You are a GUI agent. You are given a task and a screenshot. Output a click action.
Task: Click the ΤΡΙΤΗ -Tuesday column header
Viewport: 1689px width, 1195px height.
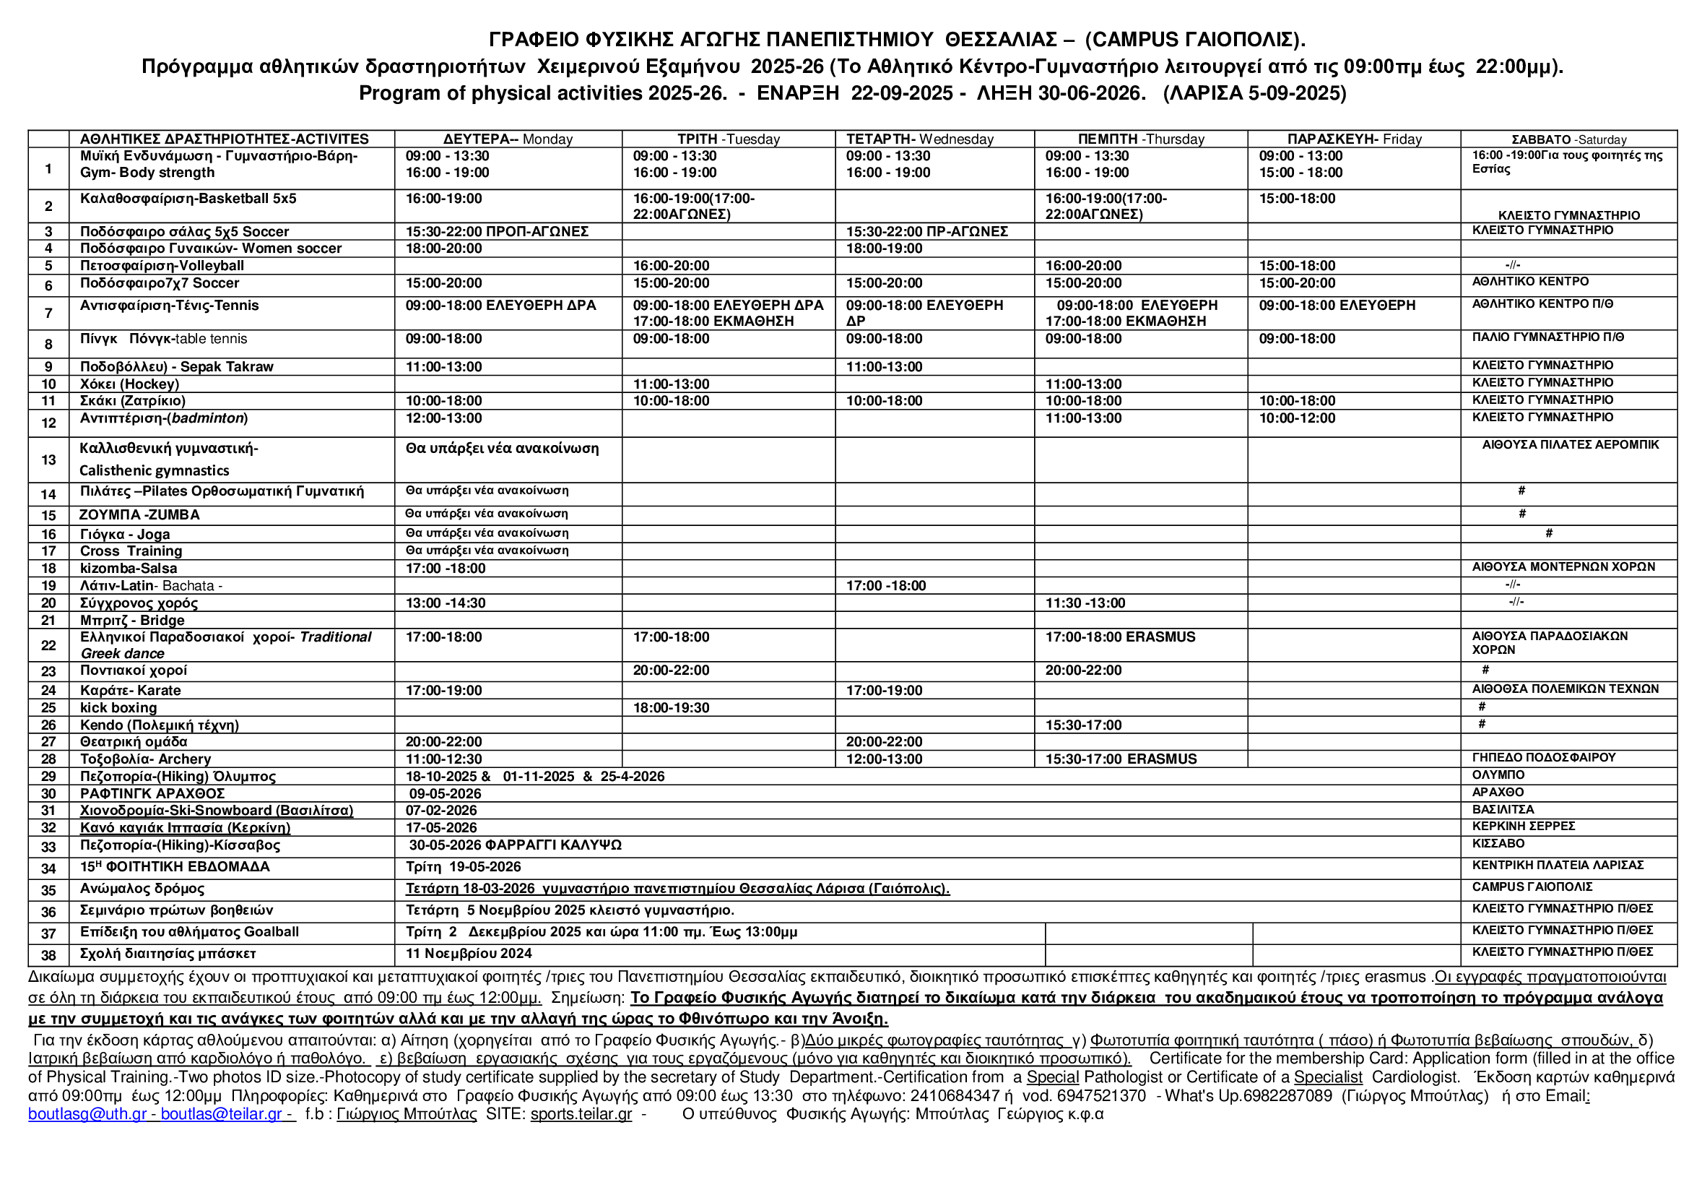pos(729,139)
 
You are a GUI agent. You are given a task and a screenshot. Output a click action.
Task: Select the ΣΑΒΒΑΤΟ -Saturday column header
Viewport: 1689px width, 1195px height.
pos(1568,139)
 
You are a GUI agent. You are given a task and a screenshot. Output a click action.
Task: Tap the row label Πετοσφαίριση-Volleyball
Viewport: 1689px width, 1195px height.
pos(162,266)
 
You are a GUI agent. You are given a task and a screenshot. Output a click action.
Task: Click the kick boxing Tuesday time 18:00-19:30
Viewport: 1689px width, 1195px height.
pos(671,708)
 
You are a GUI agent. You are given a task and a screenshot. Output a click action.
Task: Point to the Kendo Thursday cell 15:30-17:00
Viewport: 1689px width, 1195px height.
pos(1084,725)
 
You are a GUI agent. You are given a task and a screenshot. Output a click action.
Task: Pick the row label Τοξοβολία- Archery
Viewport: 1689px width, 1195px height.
pos(146,759)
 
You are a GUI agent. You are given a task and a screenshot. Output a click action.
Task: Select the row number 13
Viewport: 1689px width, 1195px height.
pos(48,460)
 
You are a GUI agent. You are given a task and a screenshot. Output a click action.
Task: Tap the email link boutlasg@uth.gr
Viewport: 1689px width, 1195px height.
pos(87,1114)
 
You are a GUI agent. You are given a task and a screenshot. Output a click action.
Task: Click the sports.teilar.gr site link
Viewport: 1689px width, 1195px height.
pos(581,1114)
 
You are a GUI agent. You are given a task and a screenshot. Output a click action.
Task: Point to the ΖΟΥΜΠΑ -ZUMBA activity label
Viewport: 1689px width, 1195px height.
pos(139,514)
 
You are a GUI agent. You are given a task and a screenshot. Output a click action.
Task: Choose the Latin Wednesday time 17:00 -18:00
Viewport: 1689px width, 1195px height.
pos(886,586)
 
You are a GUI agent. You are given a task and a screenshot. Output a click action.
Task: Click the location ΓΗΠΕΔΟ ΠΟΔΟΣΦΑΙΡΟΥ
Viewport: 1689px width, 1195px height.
pos(1543,757)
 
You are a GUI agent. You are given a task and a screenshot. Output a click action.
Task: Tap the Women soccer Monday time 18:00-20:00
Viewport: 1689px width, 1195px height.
pos(443,249)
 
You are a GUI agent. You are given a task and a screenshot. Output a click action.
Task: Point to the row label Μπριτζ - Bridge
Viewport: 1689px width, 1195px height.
pos(132,621)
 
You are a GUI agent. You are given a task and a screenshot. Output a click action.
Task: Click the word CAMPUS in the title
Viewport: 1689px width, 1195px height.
pos(1133,39)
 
